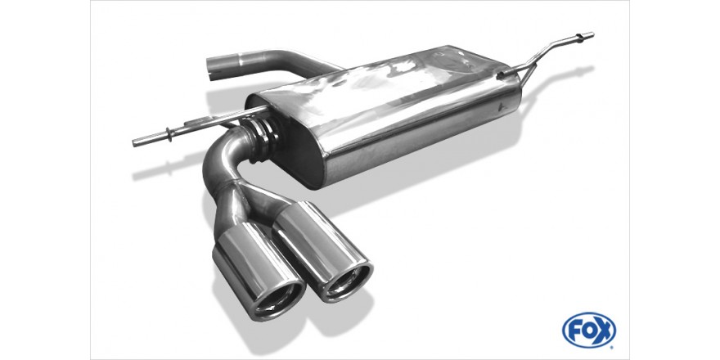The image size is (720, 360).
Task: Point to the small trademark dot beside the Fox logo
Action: click(x=613, y=343)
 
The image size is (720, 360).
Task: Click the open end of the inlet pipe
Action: click(x=212, y=70)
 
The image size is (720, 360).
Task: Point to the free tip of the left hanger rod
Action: click(x=134, y=143)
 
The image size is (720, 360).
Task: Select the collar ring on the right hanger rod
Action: click(x=580, y=38)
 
